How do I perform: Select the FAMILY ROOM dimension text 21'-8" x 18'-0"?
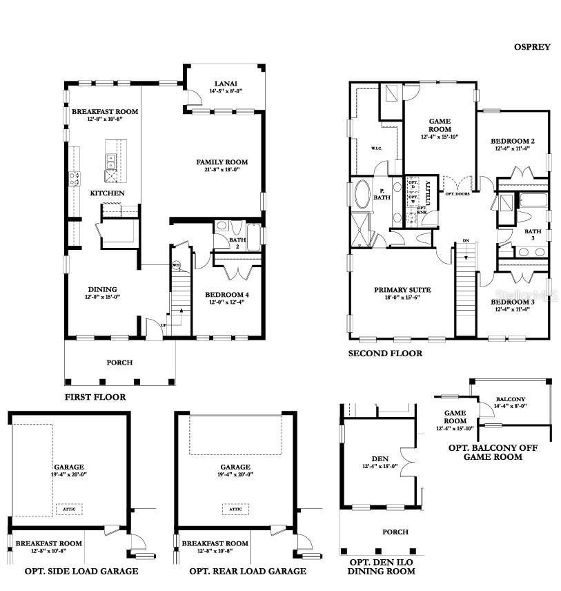pos(222,170)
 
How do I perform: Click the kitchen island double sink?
pos(110,162)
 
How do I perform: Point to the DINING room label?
pos(102,289)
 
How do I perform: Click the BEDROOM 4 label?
pos(227,295)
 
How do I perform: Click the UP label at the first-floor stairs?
pos(163,324)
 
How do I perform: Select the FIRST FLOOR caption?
pos(95,398)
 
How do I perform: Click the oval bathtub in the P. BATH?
pos(362,195)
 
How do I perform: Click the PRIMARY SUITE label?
pos(402,290)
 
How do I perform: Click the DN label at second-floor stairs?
pos(466,241)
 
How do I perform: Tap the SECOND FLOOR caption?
pos(385,353)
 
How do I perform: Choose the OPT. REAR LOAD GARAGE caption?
pos(248,571)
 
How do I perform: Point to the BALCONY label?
pos(511,399)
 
